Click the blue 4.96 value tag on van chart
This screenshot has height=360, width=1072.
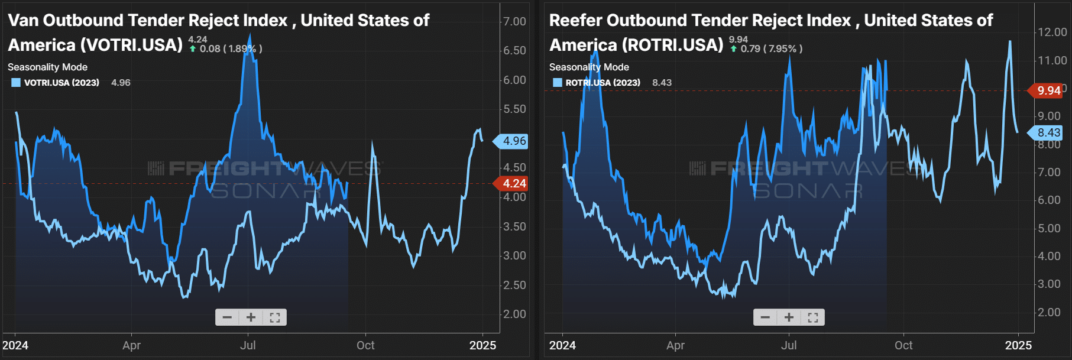point(513,141)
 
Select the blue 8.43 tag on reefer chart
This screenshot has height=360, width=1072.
point(1048,132)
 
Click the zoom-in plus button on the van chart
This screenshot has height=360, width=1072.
point(251,317)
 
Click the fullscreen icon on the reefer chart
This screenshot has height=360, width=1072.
point(812,317)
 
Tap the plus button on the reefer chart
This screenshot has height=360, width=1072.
point(789,317)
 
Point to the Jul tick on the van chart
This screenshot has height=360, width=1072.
point(248,345)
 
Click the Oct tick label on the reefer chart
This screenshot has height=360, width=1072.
point(903,345)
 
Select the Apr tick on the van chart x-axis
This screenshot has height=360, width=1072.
point(131,345)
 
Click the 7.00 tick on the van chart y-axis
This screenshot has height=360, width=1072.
point(514,21)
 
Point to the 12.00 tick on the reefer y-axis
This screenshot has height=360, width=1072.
point(1052,32)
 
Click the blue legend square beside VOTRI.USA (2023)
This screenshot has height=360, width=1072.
point(16,83)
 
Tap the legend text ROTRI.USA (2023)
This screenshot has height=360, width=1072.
point(603,83)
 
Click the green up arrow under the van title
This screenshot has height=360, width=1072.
point(193,49)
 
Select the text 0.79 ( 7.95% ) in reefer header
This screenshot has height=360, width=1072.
point(772,48)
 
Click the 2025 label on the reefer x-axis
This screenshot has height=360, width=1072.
point(1018,345)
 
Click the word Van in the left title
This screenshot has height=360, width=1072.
point(23,20)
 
